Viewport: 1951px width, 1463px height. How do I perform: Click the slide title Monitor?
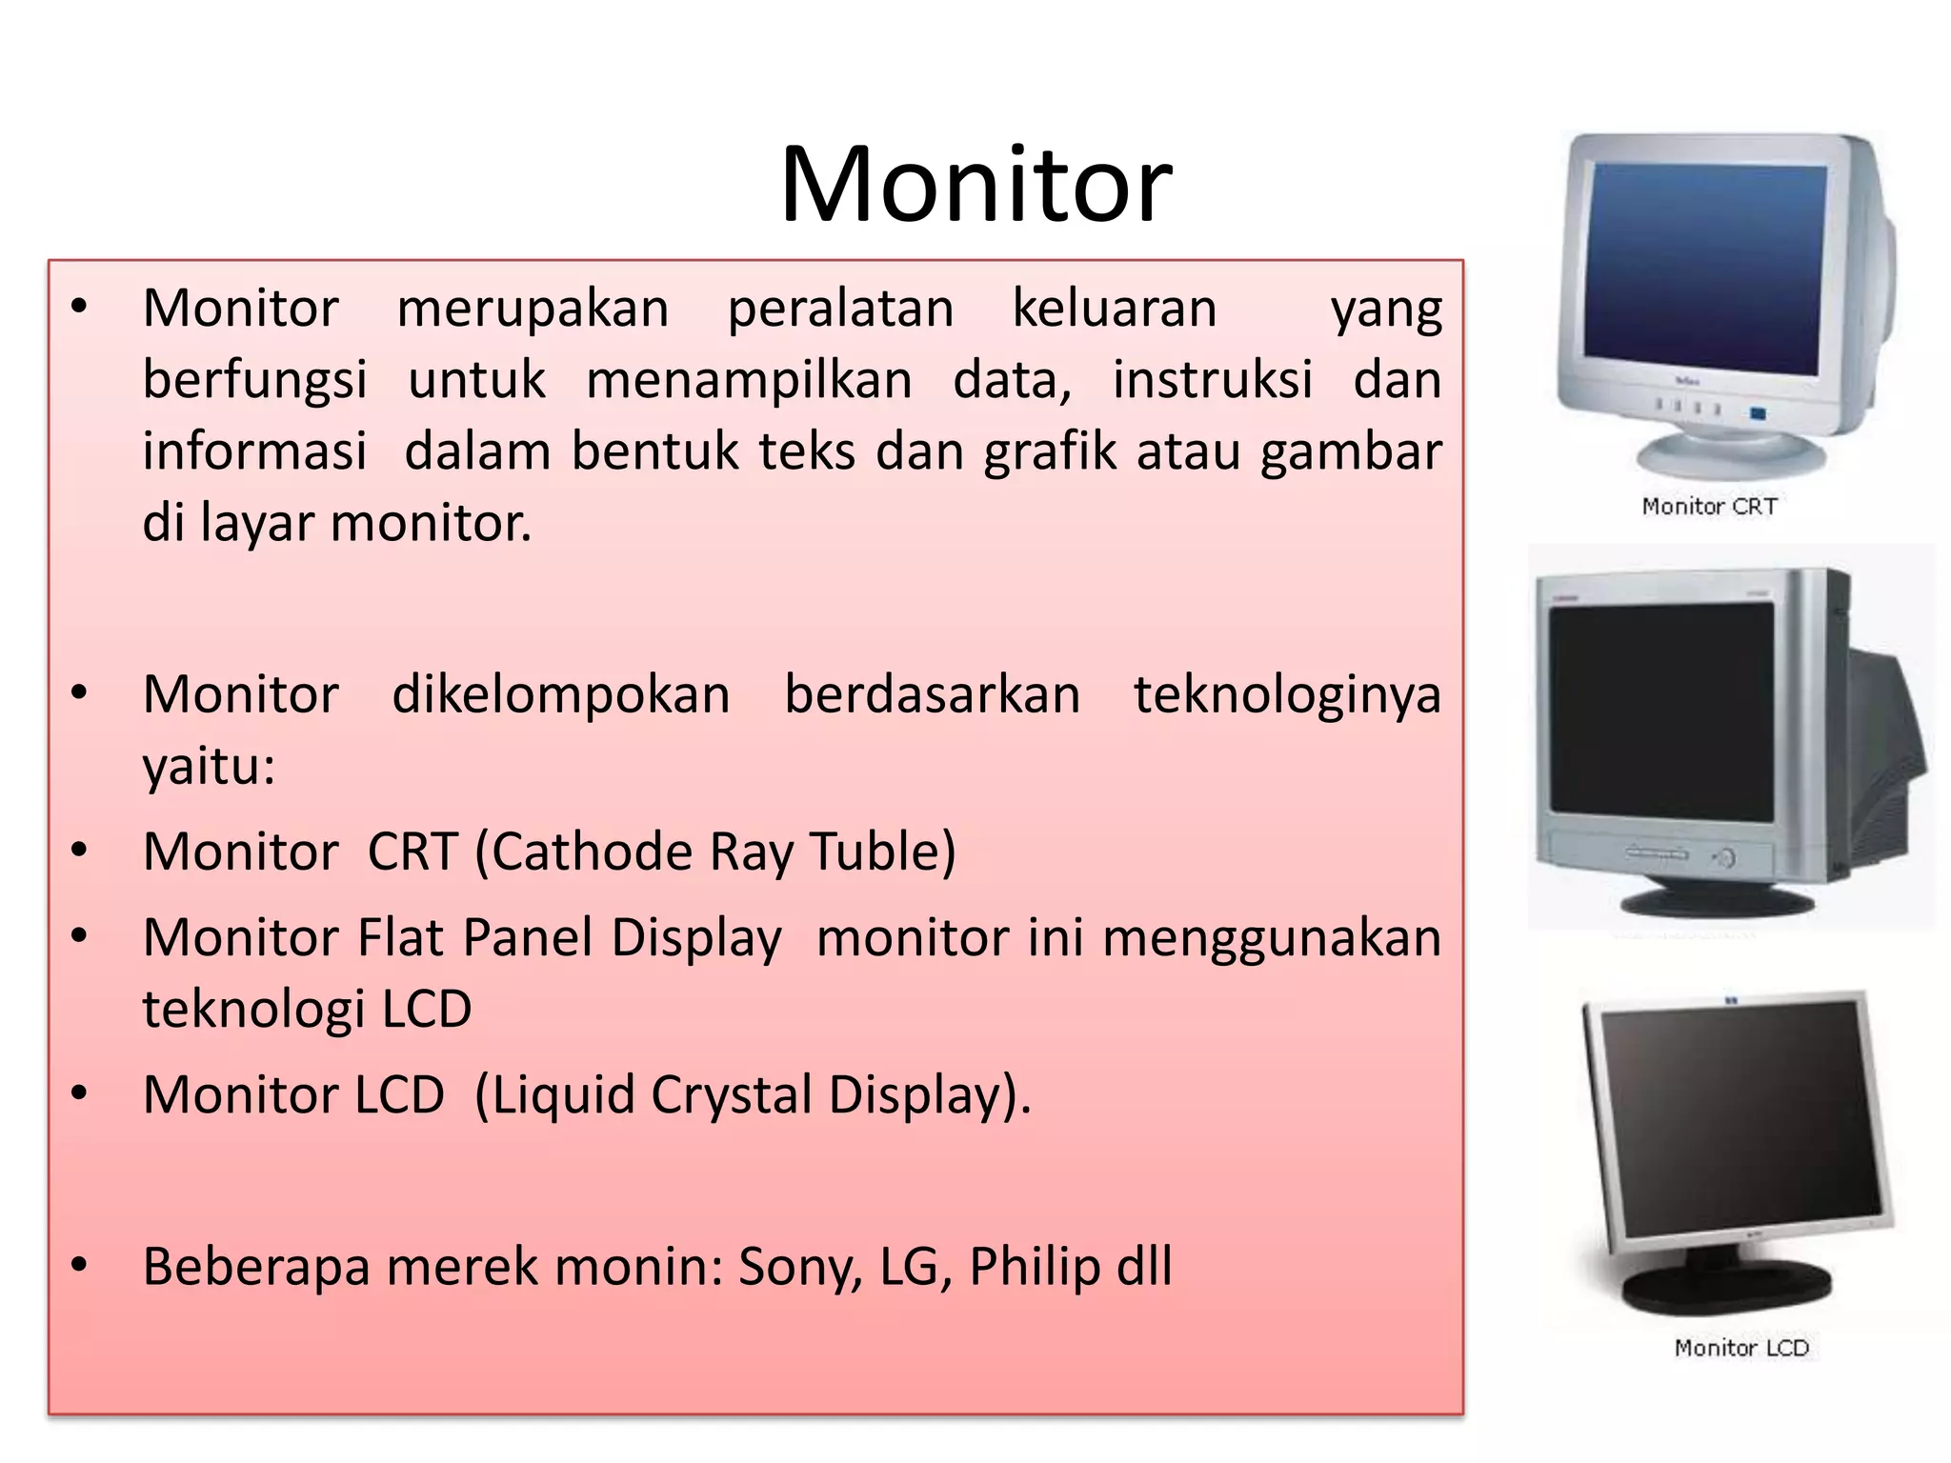tap(975, 186)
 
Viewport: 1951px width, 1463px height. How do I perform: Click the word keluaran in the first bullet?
tap(1114, 309)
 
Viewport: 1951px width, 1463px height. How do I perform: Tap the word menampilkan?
tap(749, 380)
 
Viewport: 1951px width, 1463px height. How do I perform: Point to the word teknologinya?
tap(1286, 695)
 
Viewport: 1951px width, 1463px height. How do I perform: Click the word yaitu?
tap(209, 766)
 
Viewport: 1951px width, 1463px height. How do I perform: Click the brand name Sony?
tap(799, 1268)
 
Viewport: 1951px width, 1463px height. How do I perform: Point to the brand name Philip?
tap(1035, 1268)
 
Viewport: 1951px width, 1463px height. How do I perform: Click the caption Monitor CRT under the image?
tap(1709, 507)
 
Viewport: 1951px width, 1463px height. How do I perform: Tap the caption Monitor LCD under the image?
tap(1740, 1348)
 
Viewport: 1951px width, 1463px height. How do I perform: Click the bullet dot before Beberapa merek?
tap(79, 1265)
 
